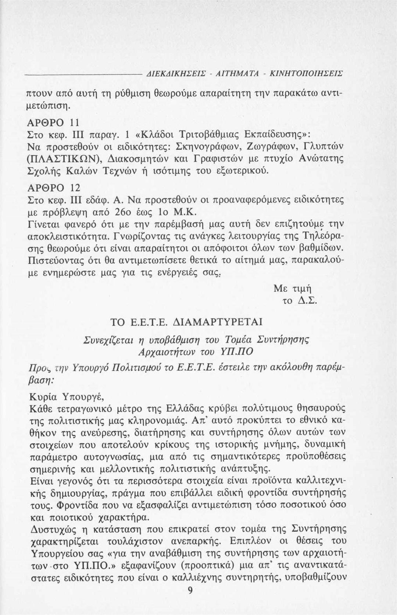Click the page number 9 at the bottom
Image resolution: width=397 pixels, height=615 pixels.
(x=190, y=590)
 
